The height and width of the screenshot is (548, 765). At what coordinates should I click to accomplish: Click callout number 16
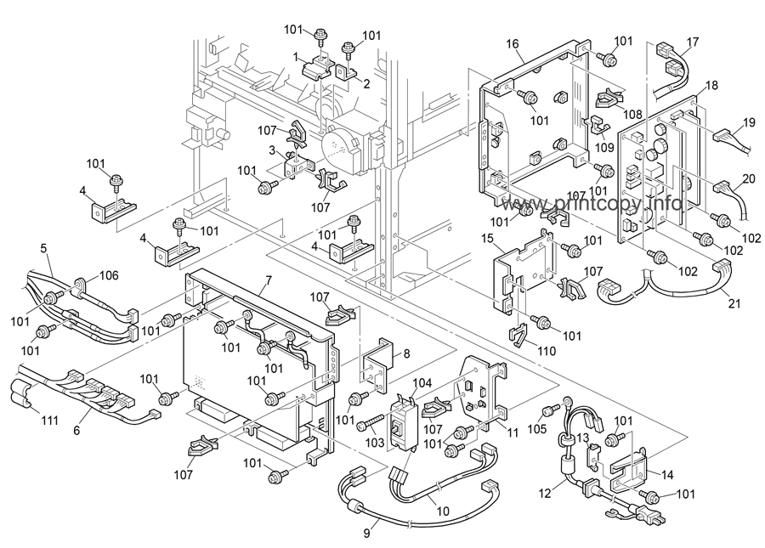pyautogui.click(x=513, y=44)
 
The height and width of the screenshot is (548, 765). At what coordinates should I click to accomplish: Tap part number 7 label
pyautogui.click(x=268, y=281)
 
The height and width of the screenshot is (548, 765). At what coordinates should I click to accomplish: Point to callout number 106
pyautogui.click(x=110, y=274)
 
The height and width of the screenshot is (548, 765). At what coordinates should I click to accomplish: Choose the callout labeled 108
pyautogui.click(x=632, y=113)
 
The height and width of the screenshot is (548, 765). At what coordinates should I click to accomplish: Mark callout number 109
pyautogui.click(x=604, y=146)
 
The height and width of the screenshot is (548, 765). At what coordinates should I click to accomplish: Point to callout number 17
pyautogui.click(x=693, y=42)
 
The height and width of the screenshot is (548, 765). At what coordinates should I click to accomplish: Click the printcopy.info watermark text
pyautogui.click(x=595, y=205)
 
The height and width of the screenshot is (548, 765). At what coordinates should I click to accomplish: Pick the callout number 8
pyautogui.click(x=406, y=353)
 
